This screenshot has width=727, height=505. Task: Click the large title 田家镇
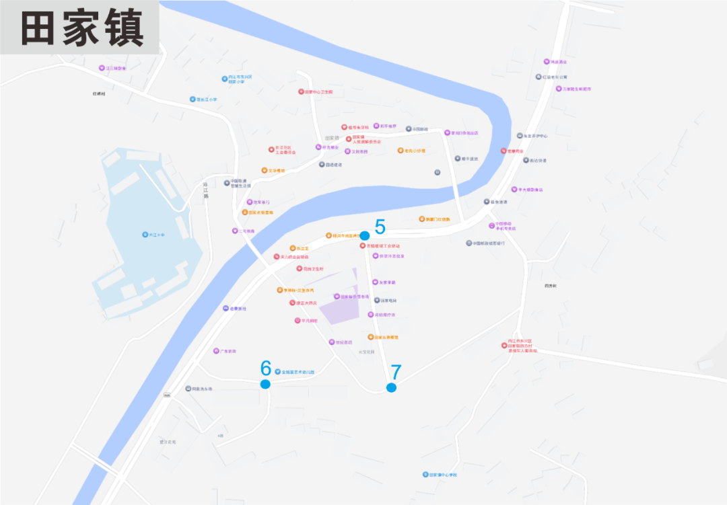(81, 29)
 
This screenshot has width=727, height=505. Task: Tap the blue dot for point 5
(365, 235)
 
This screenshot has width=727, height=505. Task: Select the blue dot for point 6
(265, 384)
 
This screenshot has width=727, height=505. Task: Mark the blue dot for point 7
(391, 387)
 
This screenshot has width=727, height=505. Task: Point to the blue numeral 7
(396, 372)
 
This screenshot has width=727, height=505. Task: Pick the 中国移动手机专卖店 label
(506, 226)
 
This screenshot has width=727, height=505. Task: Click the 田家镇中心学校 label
(444, 475)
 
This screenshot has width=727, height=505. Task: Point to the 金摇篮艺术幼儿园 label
(298, 372)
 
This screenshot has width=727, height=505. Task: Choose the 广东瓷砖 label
(228, 351)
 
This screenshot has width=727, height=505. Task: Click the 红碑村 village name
(100, 93)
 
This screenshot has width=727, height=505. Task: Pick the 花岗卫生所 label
(314, 269)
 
